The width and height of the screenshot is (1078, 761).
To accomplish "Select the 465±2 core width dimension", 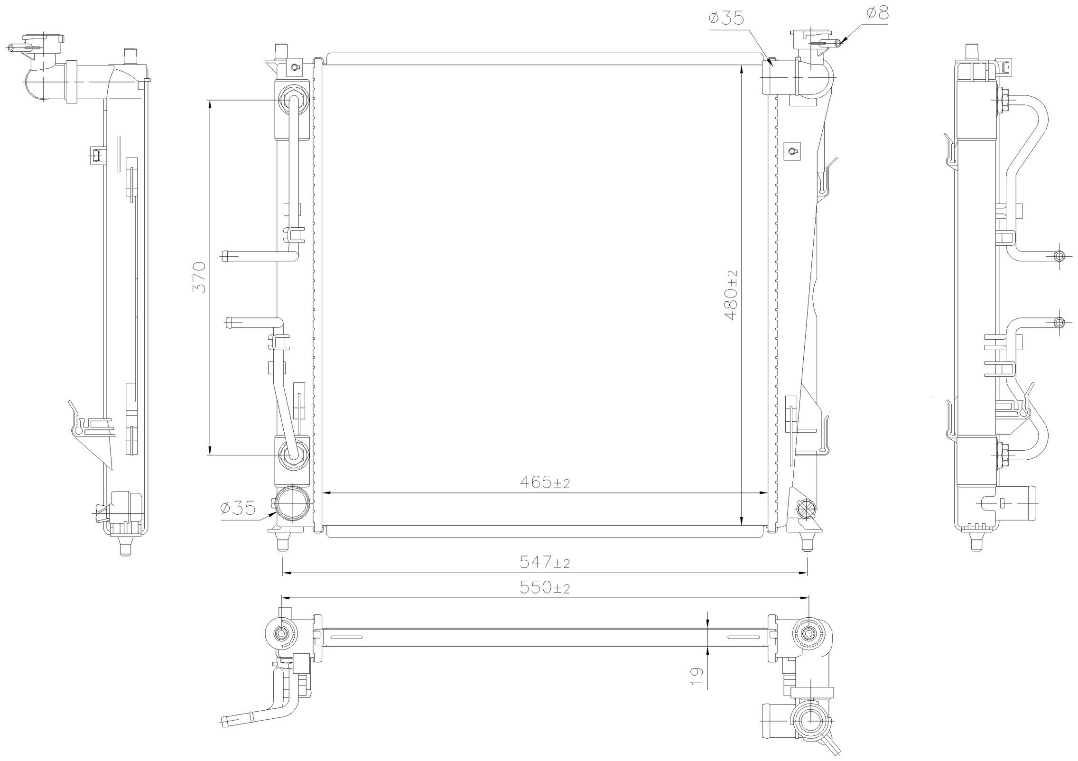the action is [545, 483].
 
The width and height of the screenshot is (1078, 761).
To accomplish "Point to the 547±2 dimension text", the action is [545, 563].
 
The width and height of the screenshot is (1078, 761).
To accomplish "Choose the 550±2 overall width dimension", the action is [545, 588].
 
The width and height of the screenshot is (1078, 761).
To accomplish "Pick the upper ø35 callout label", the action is [726, 19].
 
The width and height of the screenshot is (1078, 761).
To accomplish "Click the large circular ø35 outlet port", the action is [293, 503].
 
